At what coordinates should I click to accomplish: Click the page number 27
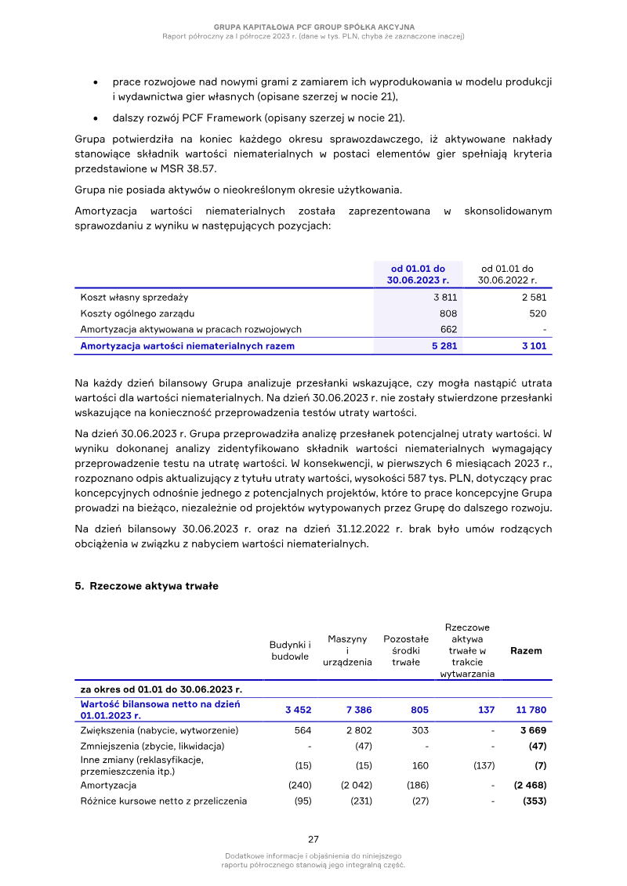click(x=313, y=838)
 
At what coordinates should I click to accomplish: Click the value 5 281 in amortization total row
click(x=444, y=345)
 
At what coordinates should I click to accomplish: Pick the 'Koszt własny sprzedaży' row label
click(x=134, y=297)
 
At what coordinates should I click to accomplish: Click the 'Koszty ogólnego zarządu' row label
click(x=137, y=313)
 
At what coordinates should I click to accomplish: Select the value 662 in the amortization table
click(x=448, y=329)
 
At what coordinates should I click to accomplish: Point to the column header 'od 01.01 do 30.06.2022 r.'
click(x=507, y=273)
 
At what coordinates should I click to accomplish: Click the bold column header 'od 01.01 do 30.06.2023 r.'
click(x=418, y=273)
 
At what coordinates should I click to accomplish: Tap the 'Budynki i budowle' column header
click(x=290, y=650)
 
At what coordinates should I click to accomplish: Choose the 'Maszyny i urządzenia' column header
click(x=347, y=650)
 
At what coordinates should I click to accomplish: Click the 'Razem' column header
click(x=526, y=650)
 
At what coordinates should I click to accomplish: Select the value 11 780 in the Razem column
click(x=531, y=710)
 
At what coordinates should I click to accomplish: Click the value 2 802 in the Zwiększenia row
click(x=358, y=730)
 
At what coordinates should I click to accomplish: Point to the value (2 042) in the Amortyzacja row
click(x=356, y=785)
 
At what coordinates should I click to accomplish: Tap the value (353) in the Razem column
click(x=535, y=801)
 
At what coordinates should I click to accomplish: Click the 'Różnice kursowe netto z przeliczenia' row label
click(x=163, y=801)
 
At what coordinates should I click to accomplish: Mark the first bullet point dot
click(x=95, y=81)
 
